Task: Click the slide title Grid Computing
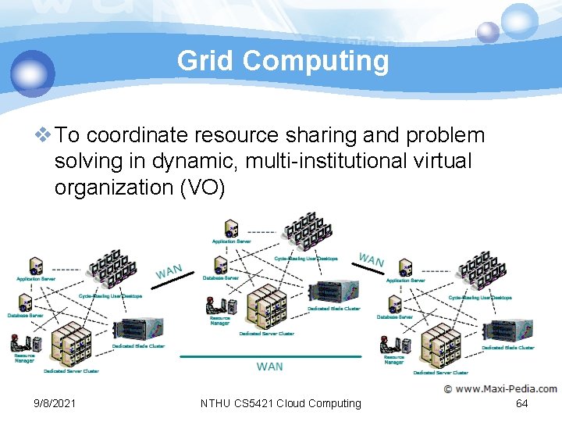[283, 60]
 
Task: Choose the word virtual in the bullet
[443, 162]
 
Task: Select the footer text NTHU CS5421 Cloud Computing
[281, 403]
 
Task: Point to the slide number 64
[522, 403]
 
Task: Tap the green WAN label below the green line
[270, 366]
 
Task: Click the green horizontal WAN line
[270, 356]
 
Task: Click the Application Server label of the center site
[231, 241]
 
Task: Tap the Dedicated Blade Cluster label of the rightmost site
[508, 347]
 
